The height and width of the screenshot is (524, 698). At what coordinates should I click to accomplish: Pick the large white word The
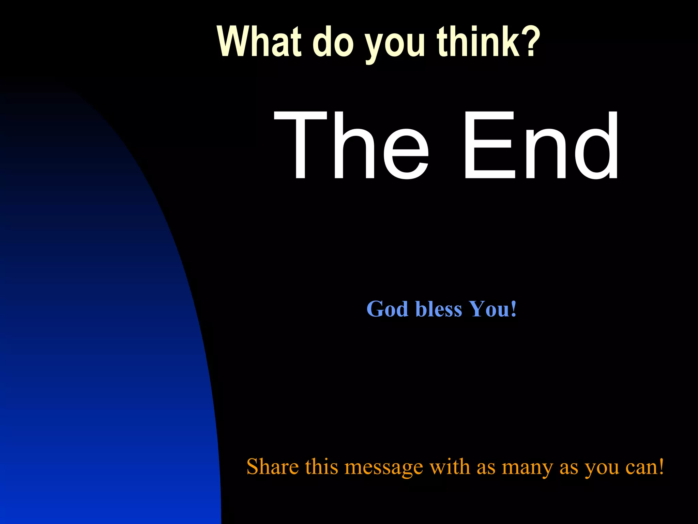pos(351,145)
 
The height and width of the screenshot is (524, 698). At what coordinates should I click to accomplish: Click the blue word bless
pos(439,309)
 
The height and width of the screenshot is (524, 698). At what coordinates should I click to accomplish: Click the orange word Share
pos(273,467)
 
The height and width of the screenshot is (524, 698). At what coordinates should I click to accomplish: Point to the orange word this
pos(321,467)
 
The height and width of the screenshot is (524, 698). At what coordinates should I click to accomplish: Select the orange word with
pos(450,467)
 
